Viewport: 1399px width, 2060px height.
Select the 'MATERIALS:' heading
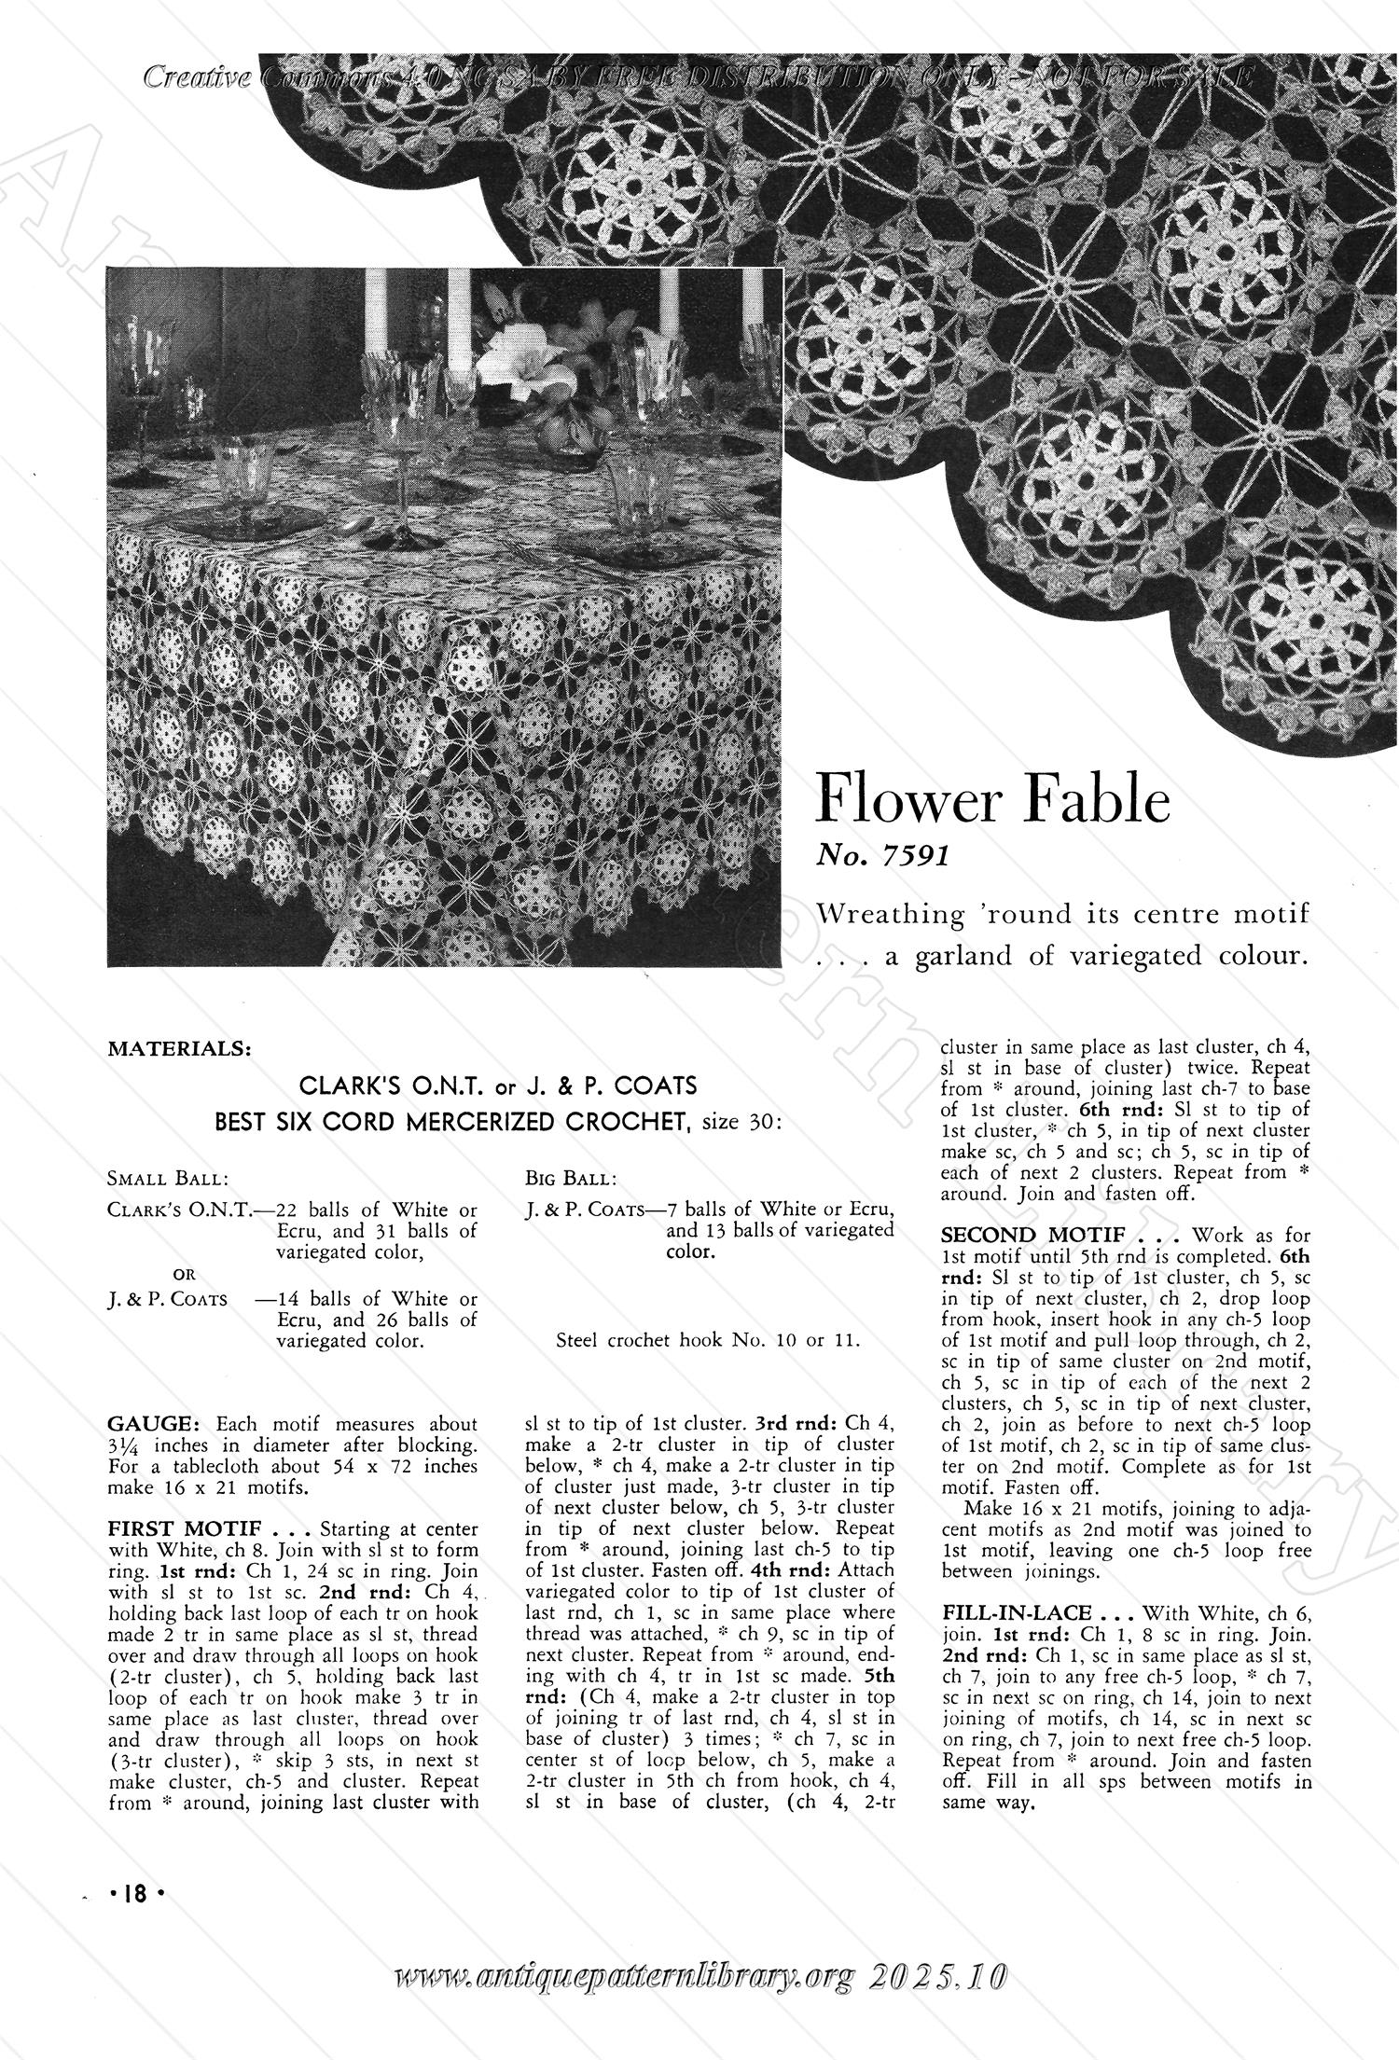pos(179,1049)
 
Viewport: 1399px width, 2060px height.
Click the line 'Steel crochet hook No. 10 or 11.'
pos(707,1342)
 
